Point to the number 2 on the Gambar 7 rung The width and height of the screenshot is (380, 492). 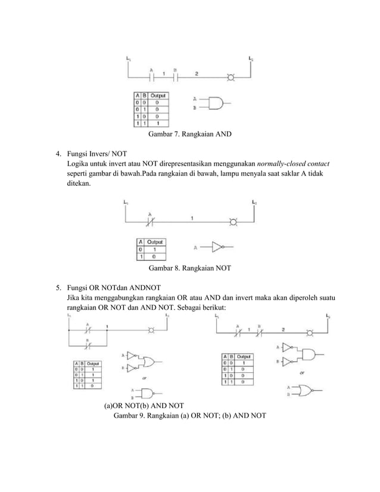coord(197,73)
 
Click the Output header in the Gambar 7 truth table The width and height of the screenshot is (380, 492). coord(158,95)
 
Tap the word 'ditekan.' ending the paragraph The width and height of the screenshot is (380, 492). coord(79,185)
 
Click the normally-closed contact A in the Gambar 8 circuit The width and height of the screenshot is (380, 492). coord(150,223)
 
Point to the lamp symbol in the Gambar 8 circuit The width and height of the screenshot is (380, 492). coord(233,223)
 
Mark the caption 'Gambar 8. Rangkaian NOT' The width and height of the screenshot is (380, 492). coord(189,268)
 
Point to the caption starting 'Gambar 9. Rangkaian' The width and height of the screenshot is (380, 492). coord(189,416)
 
